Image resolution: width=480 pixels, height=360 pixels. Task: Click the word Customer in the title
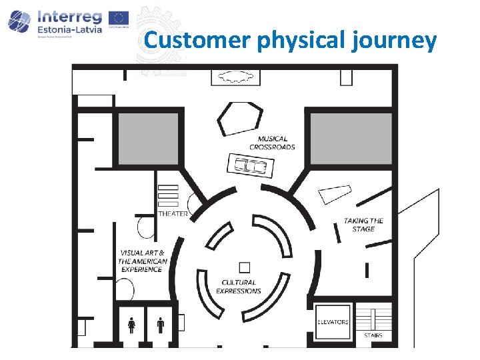[x=197, y=41]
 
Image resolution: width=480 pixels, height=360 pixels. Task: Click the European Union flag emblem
[x=119, y=18]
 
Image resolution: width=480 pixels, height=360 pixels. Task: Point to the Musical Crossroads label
[x=272, y=143]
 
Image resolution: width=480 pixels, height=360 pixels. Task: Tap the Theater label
[x=173, y=214]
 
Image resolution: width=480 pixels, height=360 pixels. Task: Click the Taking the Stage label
[x=364, y=225]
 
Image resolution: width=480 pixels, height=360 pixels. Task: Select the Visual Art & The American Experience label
[x=142, y=261]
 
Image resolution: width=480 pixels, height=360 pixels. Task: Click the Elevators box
[x=333, y=322]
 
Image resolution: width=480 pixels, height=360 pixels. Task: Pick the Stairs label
[x=373, y=335]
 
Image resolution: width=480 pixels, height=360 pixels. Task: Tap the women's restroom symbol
[x=132, y=325]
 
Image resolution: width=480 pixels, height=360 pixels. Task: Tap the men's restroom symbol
[x=161, y=325]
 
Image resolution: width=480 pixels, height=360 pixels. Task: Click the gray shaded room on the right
[x=351, y=137]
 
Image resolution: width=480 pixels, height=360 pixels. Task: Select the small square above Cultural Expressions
[x=245, y=267]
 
